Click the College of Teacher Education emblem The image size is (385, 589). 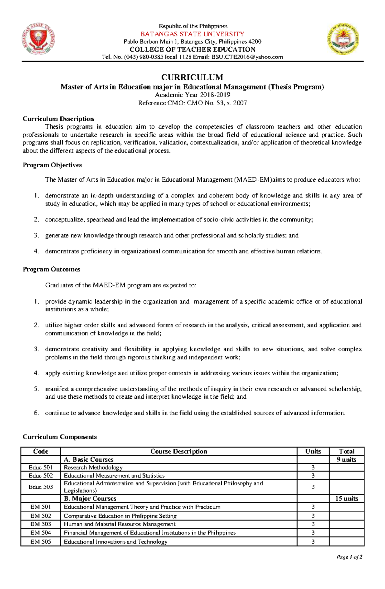[x=343, y=39]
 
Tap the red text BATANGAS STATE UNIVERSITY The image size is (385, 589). [x=193, y=34]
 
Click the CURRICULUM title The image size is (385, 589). [x=192, y=77]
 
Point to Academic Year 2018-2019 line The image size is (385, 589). [x=193, y=95]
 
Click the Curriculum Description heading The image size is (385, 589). [x=58, y=119]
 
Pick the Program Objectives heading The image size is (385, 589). [x=52, y=165]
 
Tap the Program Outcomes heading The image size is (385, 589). [x=51, y=269]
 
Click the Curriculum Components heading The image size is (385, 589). [x=59, y=437]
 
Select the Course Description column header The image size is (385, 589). [x=179, y=451]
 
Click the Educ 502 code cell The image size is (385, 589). [x=40, y=476]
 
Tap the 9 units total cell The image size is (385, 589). [x=346, y=460]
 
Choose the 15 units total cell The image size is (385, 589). [x=346, y=498]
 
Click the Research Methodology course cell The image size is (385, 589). [x=93, y=468]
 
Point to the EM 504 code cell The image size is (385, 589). [x=40, y=533]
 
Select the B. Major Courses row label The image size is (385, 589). [x=90, y=498]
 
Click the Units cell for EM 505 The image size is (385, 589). [x=313, y=542]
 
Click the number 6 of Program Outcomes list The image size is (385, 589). [x=36, y=413]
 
